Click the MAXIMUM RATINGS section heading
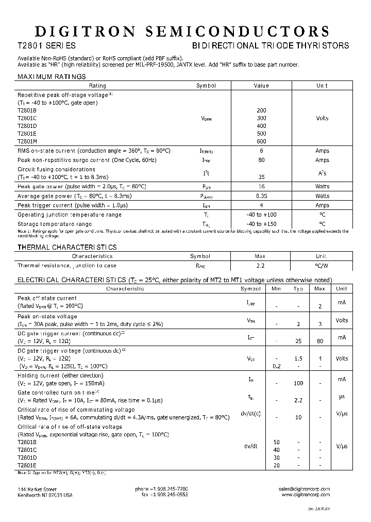coord(52,76)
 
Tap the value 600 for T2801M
coord(261,141)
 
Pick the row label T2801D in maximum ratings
coord(27,126)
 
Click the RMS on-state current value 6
coord(261,151)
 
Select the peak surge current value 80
coord(261,160)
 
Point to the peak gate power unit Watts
coord(322,186)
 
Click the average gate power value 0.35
coord(261,196)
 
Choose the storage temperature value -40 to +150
coord(261,224)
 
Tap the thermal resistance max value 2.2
coord(260,266)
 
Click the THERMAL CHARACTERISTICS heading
coord(67,248)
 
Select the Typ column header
coord(298,288)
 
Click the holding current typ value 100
coord(298,383)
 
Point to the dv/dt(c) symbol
coord(250,413)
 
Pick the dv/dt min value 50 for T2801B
coord(276,442)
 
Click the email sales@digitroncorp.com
coord(303,488)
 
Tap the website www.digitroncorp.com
coord(306,495)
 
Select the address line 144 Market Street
coord(37,488)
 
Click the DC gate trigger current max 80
coord(320,341)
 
